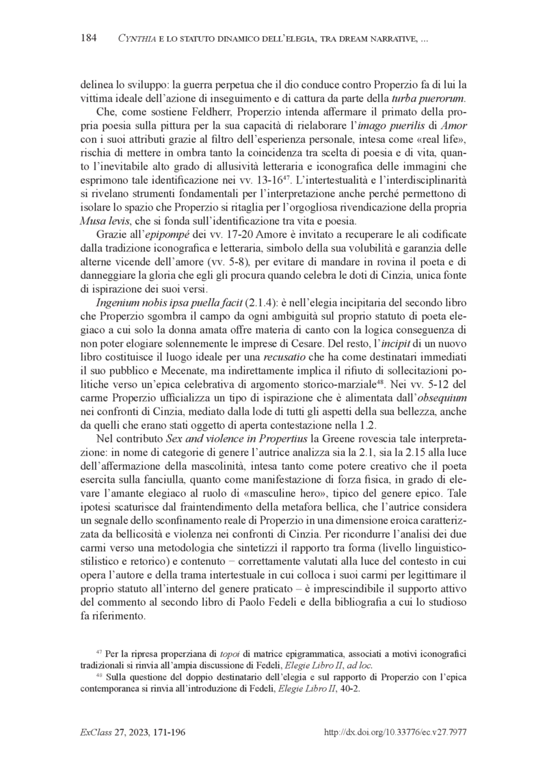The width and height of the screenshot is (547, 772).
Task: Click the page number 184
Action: point(89,37)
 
